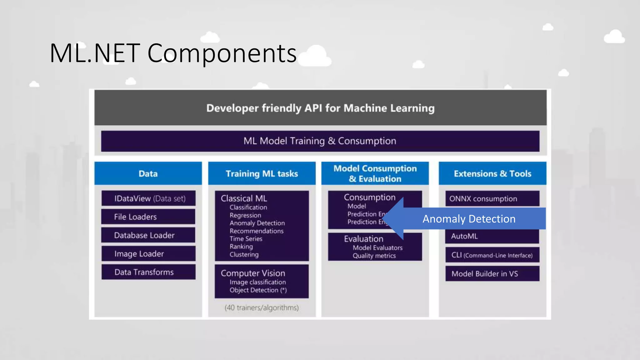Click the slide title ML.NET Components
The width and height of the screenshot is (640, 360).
pos(173,53)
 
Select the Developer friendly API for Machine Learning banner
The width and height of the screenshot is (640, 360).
pos(320,108)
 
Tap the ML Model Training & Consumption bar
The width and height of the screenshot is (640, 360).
pos(320,141)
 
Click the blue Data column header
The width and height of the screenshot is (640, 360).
pos(148,173)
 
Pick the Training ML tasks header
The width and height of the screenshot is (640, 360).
pos(262,173)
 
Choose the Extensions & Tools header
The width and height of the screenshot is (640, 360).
pos(492,173)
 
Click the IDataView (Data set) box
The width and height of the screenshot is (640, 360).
pos(149,198)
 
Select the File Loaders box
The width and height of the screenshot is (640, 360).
pos(148,217)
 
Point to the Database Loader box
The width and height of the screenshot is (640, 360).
pos(148,235)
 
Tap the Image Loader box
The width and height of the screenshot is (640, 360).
pos(148,254)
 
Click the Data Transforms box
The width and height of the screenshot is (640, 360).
pos(148,272)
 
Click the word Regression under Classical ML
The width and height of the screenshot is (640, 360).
pos(245,215)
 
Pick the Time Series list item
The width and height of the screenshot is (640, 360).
pos(246,239)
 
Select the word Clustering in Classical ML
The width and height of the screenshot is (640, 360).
pos(244,254)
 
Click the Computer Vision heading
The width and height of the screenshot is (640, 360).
pos(253,273)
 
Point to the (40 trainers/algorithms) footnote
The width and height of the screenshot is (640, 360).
pos(262,308)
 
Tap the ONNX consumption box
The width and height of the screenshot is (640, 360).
pos(492,199)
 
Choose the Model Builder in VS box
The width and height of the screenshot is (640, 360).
pos(492,274)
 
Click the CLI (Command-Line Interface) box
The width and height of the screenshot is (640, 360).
pos(492,255)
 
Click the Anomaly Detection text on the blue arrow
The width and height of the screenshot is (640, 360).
pos(469,219)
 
